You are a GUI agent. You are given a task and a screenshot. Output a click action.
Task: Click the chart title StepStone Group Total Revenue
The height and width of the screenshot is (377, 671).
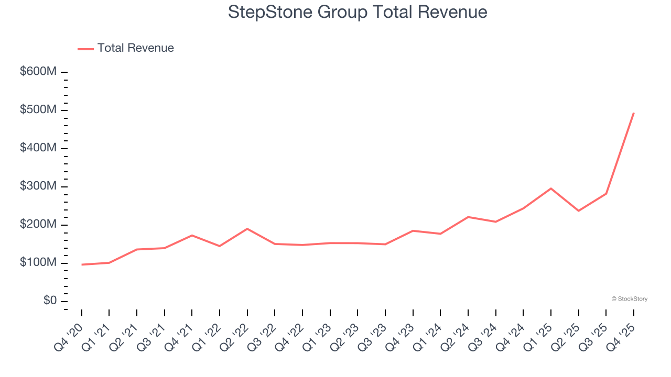coord(358,12)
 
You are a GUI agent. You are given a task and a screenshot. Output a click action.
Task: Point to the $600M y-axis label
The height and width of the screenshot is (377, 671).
coord(38,72)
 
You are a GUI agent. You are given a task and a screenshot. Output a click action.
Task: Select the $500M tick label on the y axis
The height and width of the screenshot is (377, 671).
coord(38,110)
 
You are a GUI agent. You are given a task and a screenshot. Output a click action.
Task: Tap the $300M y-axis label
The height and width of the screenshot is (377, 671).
coord(38,186)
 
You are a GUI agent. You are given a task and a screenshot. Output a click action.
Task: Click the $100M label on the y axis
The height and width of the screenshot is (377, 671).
coord(38,263)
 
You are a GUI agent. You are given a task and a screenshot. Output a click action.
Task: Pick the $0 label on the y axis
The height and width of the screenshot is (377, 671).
coord(50,301)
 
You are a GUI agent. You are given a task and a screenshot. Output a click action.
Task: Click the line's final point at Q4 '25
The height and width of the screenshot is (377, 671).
coord(633,113)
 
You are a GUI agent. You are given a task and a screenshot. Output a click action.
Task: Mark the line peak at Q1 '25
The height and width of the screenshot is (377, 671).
coord(551,188)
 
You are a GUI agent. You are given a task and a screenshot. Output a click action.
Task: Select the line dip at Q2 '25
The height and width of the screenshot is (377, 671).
coord(578,210)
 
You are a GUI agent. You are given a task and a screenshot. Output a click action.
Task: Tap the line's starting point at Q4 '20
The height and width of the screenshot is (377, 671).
coord(82,264)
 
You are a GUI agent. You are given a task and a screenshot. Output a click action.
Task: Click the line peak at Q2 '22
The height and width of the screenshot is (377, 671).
coord(247,229)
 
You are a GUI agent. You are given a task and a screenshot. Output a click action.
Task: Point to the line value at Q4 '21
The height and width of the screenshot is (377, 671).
coord(192,235)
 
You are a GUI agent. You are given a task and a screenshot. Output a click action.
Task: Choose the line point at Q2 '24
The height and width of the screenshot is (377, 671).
coord(468,217)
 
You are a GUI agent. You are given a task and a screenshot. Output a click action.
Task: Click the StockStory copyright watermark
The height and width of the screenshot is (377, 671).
coord(629,299)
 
